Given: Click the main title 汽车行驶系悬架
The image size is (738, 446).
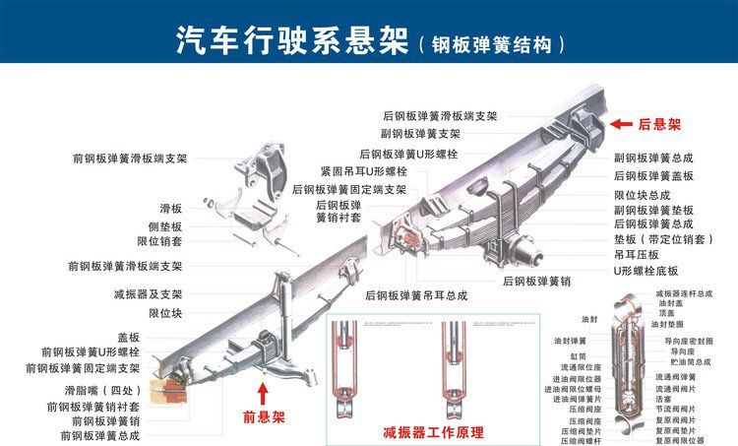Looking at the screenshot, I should tap(291, 40).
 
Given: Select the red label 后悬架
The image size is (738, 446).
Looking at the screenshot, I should tap(659, 125).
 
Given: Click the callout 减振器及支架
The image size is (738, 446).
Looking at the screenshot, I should tap(149, 293).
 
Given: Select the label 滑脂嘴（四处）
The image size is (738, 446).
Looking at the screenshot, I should tap(101, 390).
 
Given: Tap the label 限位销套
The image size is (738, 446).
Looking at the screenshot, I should tap(159, 240).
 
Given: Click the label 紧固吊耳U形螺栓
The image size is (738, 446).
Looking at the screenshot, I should tap(363, 171).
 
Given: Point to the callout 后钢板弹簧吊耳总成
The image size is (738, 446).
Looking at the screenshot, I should tap(416, 294).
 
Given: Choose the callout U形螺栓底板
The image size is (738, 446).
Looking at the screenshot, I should tap(646, 270).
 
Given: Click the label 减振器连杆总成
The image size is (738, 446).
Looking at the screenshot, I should tap(686, 293).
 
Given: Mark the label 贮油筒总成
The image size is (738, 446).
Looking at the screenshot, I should tap(688, 362).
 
